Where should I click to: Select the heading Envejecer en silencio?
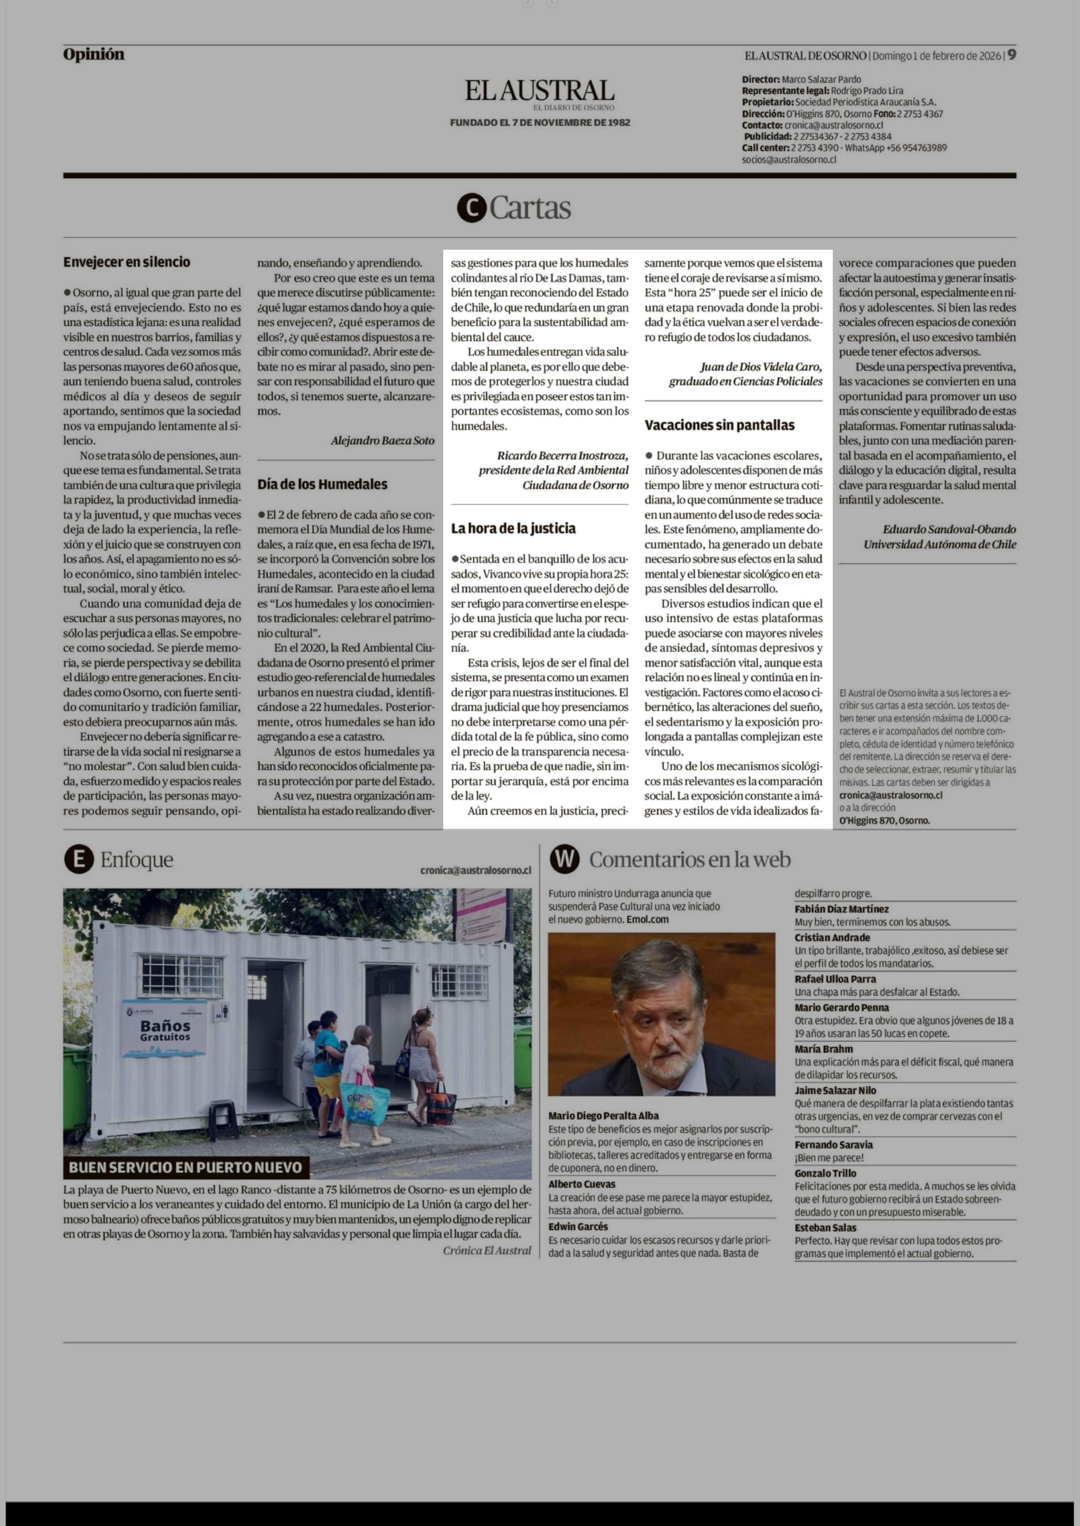pyautogui.click(x=126, y=262)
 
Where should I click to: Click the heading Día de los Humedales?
pyautogui.click(x=322, y=484)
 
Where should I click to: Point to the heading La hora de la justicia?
pyautogui.click(x=513, y=528)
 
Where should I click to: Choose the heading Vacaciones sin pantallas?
pyautogui.click(x=719, y=425)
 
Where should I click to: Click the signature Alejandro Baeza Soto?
pyautogui.click(x=382, y=440)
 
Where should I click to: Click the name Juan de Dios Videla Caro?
pyautogui.click(x=761, y=367)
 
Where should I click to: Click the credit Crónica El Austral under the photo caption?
pyautogui.click(x=487, y=1250)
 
